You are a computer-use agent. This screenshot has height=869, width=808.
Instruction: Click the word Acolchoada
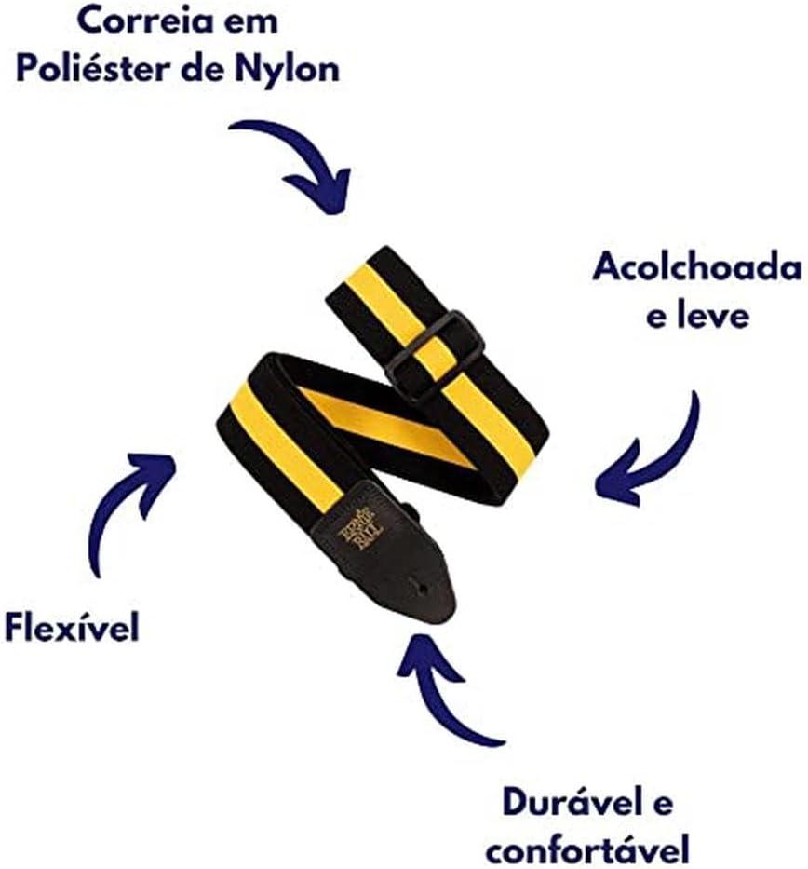pyautogui.click(x=697, y=267)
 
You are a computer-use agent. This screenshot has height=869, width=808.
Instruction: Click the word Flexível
pyautogui.click(x=72, y=627)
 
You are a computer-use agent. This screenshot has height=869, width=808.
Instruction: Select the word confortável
pyautogui.click(x=587, y=849)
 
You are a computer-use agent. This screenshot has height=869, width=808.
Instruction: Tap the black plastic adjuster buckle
pyautogui.click(x=436, y=356)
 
